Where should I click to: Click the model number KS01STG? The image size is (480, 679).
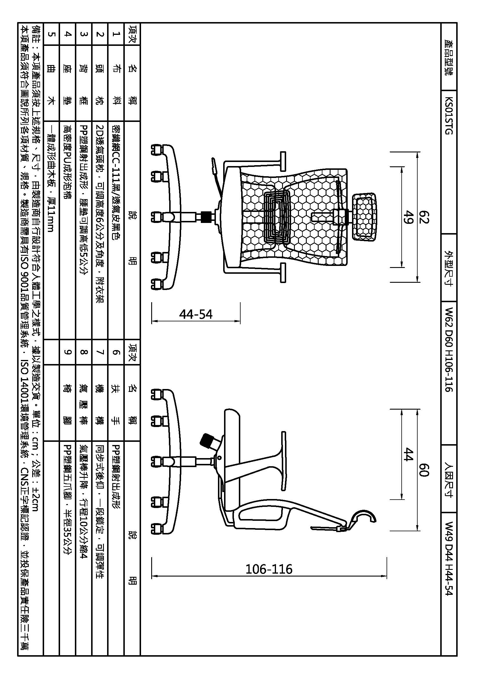pyautogui.click(x=449, y=116)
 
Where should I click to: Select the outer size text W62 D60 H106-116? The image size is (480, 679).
pyautogui.click(x=449, y=349)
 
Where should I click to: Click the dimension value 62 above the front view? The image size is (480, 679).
pyautogui.click(x=425, y=217)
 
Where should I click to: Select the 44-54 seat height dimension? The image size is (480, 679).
pyautogui.click(x=196, y=314)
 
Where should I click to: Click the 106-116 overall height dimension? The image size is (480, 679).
pyautogui.click(x=269, y=569)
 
